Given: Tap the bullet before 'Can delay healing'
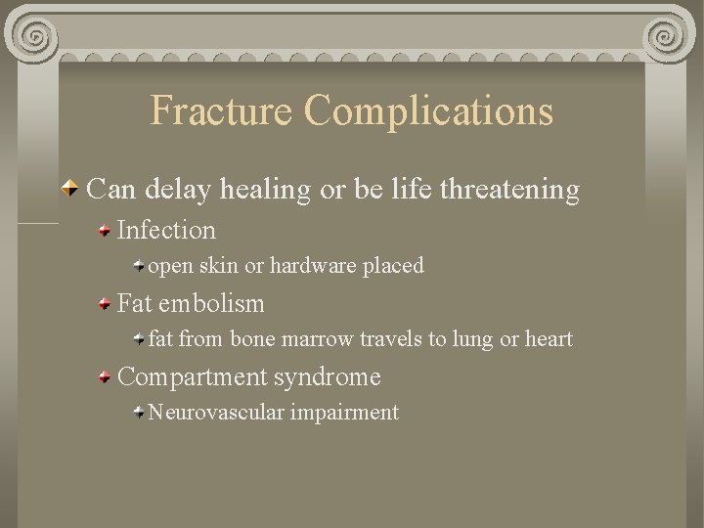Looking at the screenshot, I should [71, 189].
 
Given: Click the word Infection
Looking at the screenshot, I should [166, 231].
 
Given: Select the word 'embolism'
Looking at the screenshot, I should [211, 304].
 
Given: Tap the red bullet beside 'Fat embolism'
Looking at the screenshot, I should [104, 304].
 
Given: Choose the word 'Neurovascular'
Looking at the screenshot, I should [216, 413].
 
